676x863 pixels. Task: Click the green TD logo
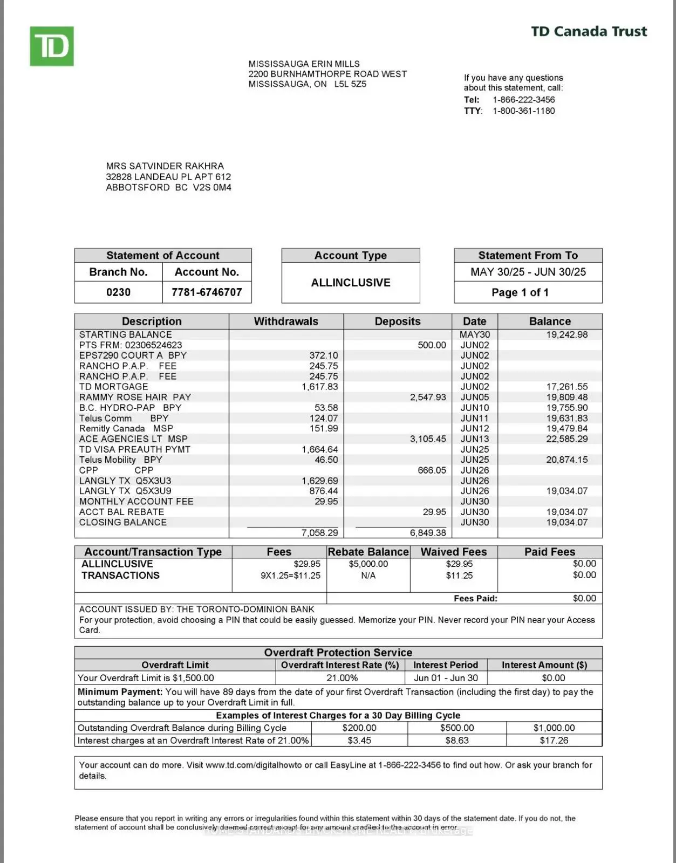[x=52, y=46]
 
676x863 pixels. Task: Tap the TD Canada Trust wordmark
[x=589, y=31]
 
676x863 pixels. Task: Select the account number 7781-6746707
[x=207, y=292]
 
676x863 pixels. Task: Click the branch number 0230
[x=118, y=292]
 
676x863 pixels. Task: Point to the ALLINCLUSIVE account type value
[x=351, y=283]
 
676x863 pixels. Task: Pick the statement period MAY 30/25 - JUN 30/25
[x=528, y=272]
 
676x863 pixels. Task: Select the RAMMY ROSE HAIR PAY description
[x=135, y=397]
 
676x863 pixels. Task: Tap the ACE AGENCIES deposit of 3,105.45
[x=428, y=439]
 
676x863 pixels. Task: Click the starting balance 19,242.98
[x=566, y=334]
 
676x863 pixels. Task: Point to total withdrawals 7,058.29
[x=319, y=533]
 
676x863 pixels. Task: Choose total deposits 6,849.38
[x=428, y=533]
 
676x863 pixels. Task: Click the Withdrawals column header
[x=286, y=321]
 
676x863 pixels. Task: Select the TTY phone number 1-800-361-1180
[x=523, y=111]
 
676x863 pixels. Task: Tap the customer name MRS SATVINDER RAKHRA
[x=165, y=166]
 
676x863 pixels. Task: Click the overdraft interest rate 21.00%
[x=342, y=678]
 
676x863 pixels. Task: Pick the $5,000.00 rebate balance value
[x=368, y=564]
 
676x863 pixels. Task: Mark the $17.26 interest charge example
[x=554, y=741]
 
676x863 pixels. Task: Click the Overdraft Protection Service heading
[x=338, y=652]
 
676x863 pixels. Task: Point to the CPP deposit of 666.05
[x=432, y=470]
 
